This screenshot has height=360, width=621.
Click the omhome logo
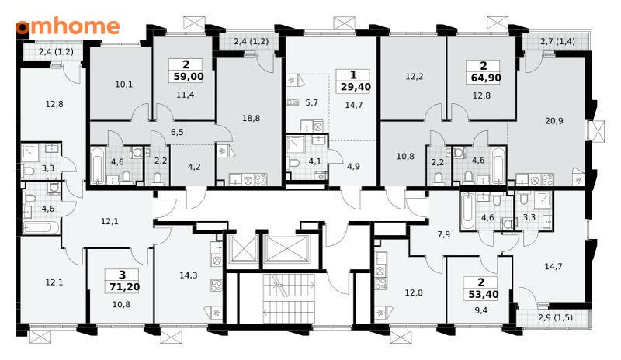(68, 26)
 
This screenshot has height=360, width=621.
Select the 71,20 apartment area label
(124, 286)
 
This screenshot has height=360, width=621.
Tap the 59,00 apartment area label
(189, 77)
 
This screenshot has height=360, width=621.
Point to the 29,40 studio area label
(356, 87)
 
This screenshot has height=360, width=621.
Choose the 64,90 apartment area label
(486, 78)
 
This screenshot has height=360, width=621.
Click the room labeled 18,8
(251, 118)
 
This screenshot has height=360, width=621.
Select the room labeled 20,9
(554, 121)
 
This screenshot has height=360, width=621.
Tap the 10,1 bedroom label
(124, 85)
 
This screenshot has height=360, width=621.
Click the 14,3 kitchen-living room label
(189, 275)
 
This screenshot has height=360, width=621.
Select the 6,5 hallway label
(177, 132)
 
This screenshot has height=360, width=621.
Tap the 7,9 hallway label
(443, 234)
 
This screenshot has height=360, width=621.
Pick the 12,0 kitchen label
(414, 292)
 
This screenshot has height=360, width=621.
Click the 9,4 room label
(480, 310)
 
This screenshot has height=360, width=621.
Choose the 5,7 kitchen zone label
(312, 102)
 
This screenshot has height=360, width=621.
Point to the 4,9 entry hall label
(353, 166)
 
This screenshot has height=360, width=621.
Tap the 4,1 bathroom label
(315, 161)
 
